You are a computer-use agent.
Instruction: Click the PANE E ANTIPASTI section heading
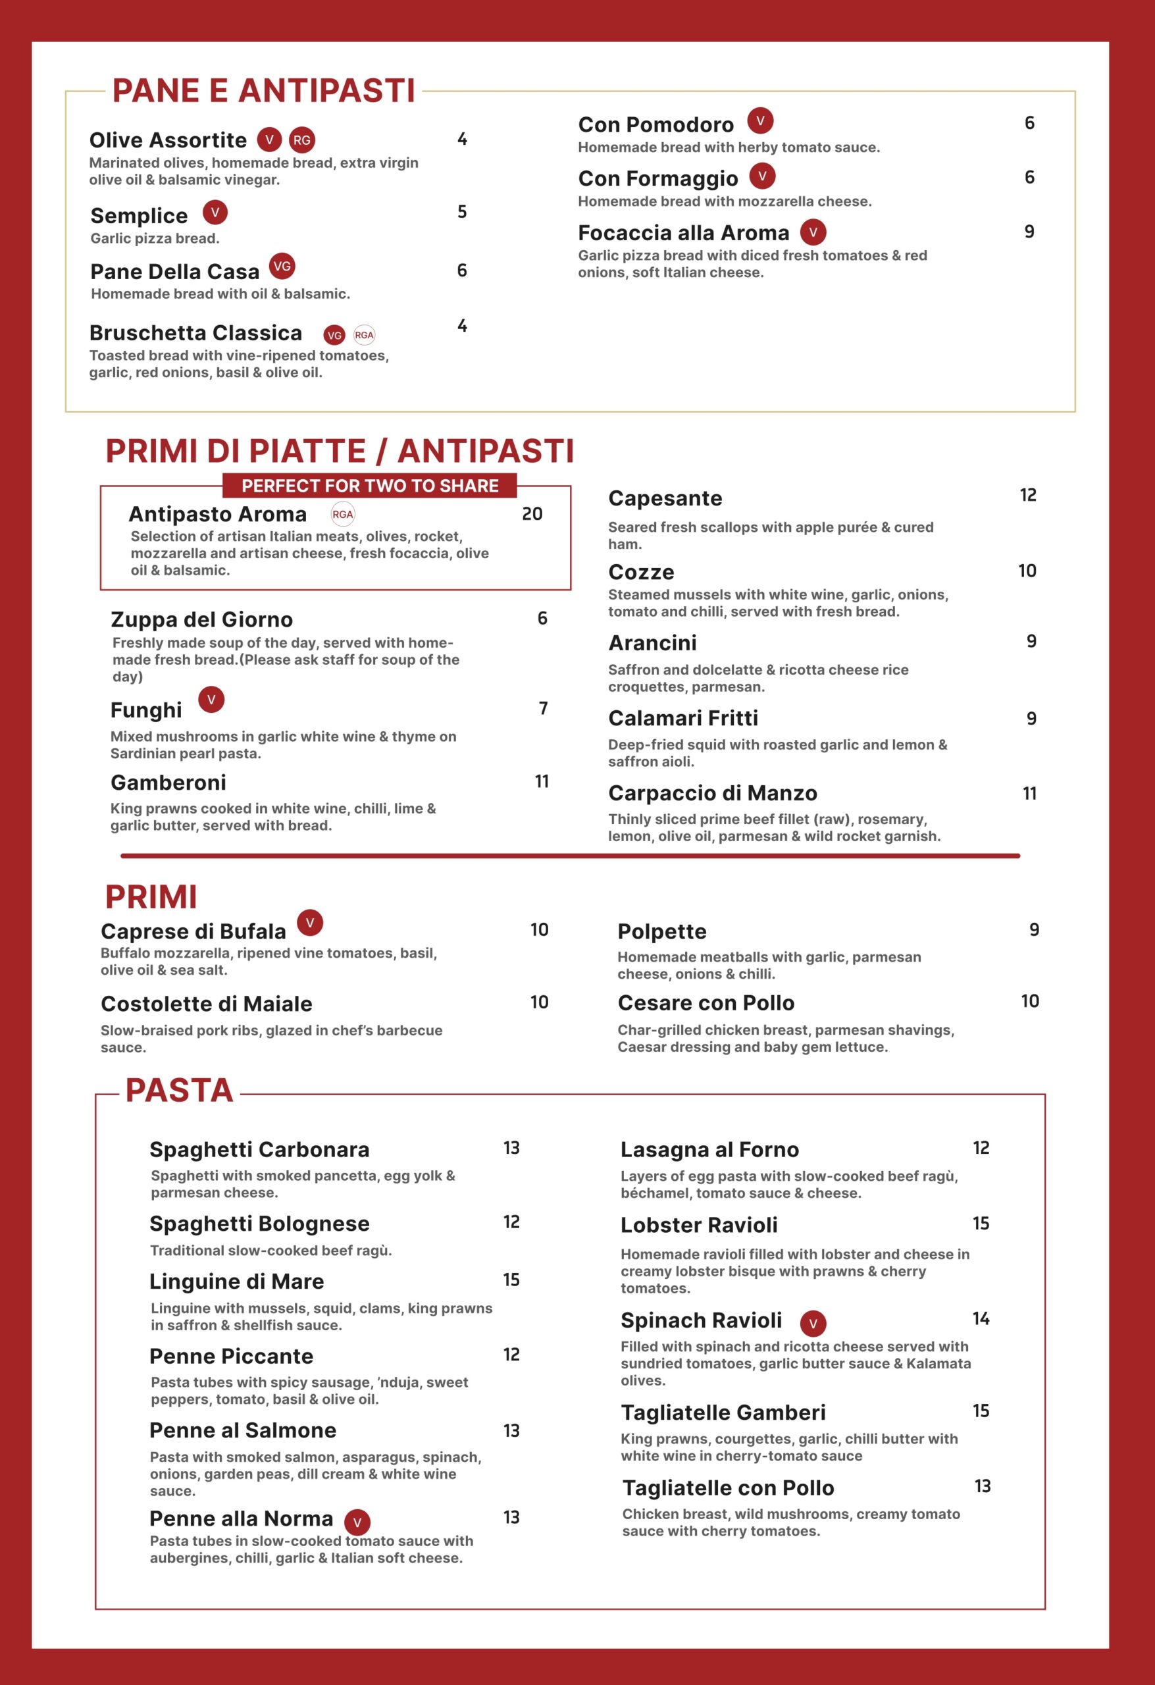click(x=263, y=91)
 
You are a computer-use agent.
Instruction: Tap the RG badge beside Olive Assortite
click(x=301, y=140)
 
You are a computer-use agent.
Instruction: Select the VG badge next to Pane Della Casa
click(x=282, y=266)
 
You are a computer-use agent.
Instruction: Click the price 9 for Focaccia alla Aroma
click(x=1028, y=232)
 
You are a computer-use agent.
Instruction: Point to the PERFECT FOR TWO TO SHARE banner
click(x=370, y=486)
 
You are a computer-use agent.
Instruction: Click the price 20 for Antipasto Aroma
click(x=532, y=514)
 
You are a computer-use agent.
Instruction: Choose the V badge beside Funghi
click(x=211, y=700)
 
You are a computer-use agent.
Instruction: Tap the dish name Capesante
click(x=665, y=498)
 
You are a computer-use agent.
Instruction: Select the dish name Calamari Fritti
click(x=683, y=718)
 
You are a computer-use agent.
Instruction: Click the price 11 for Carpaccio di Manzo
click(x=1029, y=794)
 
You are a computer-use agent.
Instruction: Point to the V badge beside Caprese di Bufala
click(x=309, y=923)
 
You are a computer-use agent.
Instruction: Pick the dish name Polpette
click(x=661, y=931)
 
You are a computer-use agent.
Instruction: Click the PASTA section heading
click(x=179, y=1091)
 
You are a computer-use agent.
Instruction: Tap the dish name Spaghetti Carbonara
click(x=259, y=1150)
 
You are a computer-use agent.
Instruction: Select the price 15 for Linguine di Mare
click(x=511, y=1280)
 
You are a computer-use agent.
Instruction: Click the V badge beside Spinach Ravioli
click(x=813, y=1323)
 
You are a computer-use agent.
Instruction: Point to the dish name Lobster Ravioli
click(x=698, y=1226)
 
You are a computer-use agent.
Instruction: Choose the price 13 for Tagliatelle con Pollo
click(x=982, y=1486)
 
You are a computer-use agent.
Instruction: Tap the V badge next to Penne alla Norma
click(x=357, y=1522)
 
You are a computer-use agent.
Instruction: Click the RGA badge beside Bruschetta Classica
click(x=364, y=335)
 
